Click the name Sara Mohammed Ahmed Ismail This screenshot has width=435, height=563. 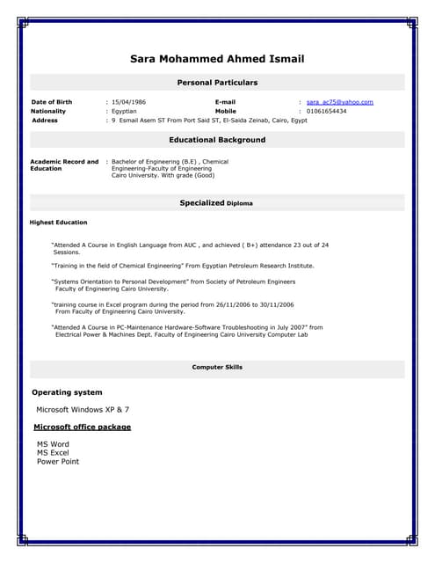tap(217, 60)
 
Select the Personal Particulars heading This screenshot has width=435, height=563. tap(217, 83)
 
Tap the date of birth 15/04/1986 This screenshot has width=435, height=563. tap(129, 102)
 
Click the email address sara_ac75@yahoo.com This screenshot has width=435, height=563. tap(340, 102)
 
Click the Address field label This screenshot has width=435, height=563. tap(45, 121)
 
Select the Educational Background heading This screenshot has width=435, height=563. tap(217, 140)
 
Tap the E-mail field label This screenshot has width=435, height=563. tap(225, 102)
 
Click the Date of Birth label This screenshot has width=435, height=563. tap(52, 102)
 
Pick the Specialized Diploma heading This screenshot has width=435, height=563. tap(216, 203)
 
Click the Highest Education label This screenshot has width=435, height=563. tap(59, 223)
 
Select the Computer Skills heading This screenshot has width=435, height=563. tap(217, 367)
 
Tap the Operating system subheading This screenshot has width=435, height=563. tap(67, 392)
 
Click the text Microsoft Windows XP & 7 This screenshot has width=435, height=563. tap(83, 410)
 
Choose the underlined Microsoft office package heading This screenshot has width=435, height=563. tap(83, 427)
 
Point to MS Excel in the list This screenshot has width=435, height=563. tap(53, 453)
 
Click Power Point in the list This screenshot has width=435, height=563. tap(58, 462)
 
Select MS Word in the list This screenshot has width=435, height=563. tap(53, 444)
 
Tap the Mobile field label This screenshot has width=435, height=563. tap(226, 112)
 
